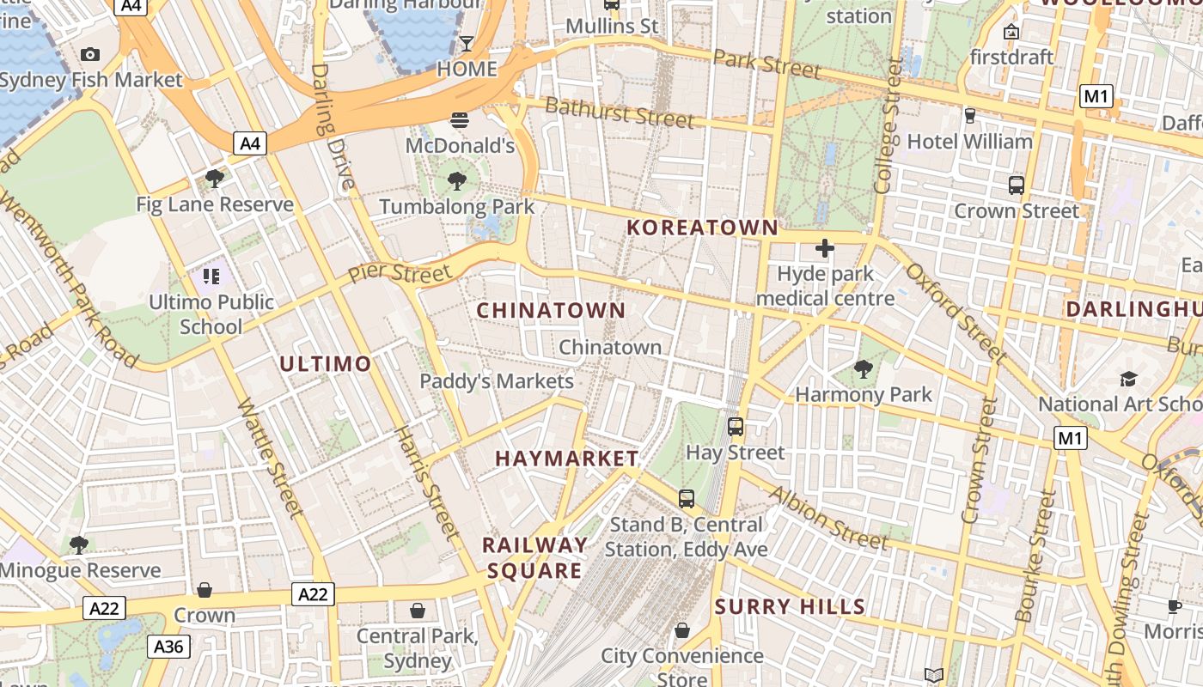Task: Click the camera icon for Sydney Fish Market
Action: [x=90, y=55]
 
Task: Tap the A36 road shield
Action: [x=168, y=646]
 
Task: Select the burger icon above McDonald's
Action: [x=460, y=119]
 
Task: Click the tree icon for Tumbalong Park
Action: [x=457, y=180]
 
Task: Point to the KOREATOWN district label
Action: [x=702, y=228]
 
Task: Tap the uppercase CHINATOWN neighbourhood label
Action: [x=551, y=310]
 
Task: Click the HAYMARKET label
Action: [x=567, y=459]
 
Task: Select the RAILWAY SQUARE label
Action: [x=534, y=558]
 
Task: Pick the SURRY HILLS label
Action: [x=790, y=607]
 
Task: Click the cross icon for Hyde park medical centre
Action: [x=825, y=249]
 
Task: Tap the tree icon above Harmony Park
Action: [x=864, y=369]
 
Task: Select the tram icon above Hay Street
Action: [x=736, y=426]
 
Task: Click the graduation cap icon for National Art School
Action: [x=1128, y=379]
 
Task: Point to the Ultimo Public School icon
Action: [x=211, y=277]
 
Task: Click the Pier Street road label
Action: [x=400, y=275]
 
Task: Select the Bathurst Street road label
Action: [x=619, y=112]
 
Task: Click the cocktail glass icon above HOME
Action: [x=467, y=43]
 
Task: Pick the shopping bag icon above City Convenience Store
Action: [x=682, y=630]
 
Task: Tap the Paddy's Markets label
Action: [x=497, y=381]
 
